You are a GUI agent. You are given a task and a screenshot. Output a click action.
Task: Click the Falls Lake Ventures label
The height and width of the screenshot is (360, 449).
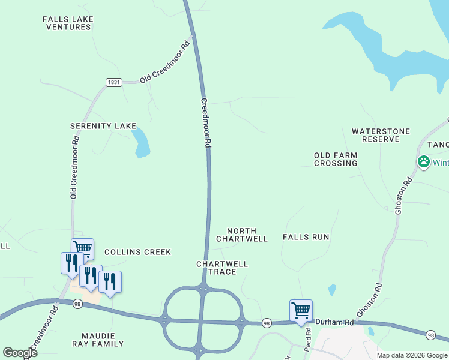click(68, 23)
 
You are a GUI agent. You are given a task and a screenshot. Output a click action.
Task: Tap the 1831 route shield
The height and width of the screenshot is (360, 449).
click(114, 82)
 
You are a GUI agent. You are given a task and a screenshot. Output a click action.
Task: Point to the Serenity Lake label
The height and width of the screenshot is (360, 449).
click(103, 126)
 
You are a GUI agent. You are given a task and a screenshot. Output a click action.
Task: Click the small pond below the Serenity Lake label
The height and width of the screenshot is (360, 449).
click(141, 142)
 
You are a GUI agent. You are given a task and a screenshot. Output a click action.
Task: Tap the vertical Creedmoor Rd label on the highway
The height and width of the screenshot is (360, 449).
click(205, 123)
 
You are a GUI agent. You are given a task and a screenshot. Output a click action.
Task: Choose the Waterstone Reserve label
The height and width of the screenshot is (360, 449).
click(381, 135)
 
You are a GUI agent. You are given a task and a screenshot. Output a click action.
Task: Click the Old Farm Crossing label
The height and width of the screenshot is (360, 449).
click(336, 159)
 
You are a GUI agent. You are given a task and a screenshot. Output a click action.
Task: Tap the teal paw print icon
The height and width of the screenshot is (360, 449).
click(424, 162)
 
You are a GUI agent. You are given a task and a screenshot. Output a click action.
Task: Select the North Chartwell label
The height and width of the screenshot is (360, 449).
click(241, 235)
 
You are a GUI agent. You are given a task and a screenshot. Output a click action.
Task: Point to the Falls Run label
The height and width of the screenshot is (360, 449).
click(306, 237)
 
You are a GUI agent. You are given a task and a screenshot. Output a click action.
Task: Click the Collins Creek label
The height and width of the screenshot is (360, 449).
click(137, 252)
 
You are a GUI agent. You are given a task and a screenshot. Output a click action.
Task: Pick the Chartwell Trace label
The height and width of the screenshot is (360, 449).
click(221, 268)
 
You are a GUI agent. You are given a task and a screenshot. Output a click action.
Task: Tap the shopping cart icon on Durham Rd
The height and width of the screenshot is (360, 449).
click(301, 311)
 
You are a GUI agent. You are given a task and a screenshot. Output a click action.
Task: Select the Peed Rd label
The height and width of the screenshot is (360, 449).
click(308, 338)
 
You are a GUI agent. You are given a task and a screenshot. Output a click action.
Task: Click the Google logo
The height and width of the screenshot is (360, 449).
click(20, 353)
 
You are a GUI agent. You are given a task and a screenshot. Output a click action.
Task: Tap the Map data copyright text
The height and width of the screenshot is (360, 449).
click(412, 355)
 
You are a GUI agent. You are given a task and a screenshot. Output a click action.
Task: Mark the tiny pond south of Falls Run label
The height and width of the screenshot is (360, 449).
click(331, 290)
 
